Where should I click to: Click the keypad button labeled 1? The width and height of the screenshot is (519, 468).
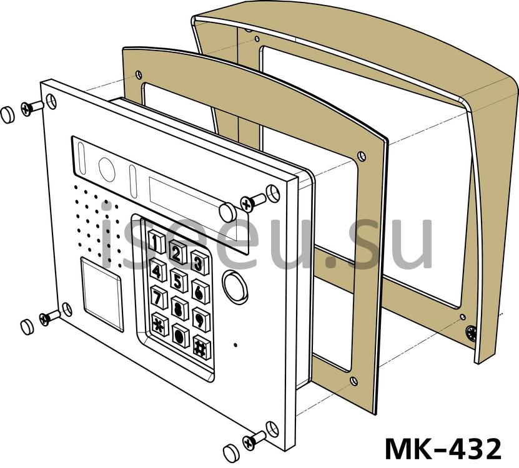156,241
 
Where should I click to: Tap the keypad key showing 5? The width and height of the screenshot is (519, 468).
179,281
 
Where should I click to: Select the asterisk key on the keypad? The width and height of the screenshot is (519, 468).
160,324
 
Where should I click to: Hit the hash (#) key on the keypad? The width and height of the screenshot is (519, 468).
202,348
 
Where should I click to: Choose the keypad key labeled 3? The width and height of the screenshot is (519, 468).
200,263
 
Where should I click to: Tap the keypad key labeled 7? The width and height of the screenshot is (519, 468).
159,296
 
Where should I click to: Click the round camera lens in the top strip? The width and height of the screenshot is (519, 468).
107,169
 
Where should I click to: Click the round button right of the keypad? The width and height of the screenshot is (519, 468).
235,286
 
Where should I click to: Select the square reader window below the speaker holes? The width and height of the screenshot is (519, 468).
102,294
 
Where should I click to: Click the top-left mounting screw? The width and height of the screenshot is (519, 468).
32,108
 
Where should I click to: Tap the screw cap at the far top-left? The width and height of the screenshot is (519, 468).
7,115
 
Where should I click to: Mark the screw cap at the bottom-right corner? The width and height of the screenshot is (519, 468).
230,453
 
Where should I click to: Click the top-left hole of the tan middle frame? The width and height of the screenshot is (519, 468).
139,74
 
